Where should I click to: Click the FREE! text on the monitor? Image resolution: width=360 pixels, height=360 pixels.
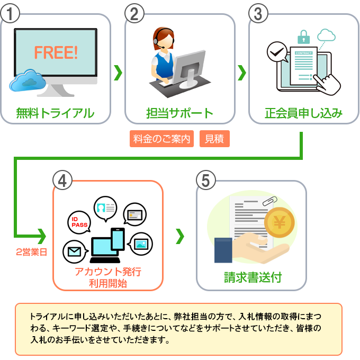(56, 52)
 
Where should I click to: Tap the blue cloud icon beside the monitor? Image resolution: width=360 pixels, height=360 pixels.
(28, 80)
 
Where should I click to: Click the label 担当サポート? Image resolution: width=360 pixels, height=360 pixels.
(179, 113)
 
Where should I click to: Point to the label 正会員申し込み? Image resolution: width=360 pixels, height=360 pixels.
(303, 113)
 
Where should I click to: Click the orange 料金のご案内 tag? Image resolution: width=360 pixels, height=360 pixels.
(161, 139)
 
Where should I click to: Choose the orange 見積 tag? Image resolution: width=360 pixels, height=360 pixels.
(214, 139)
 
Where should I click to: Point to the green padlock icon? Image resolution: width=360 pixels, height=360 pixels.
(303, 38)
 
